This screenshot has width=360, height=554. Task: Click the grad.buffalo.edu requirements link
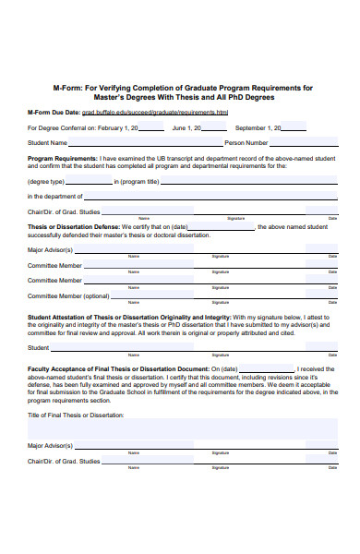pos(175,112)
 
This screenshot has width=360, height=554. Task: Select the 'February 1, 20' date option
pos(118,127)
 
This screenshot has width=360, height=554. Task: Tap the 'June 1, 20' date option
pos(193,127)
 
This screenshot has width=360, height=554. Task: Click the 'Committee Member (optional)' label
pos(68,295)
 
